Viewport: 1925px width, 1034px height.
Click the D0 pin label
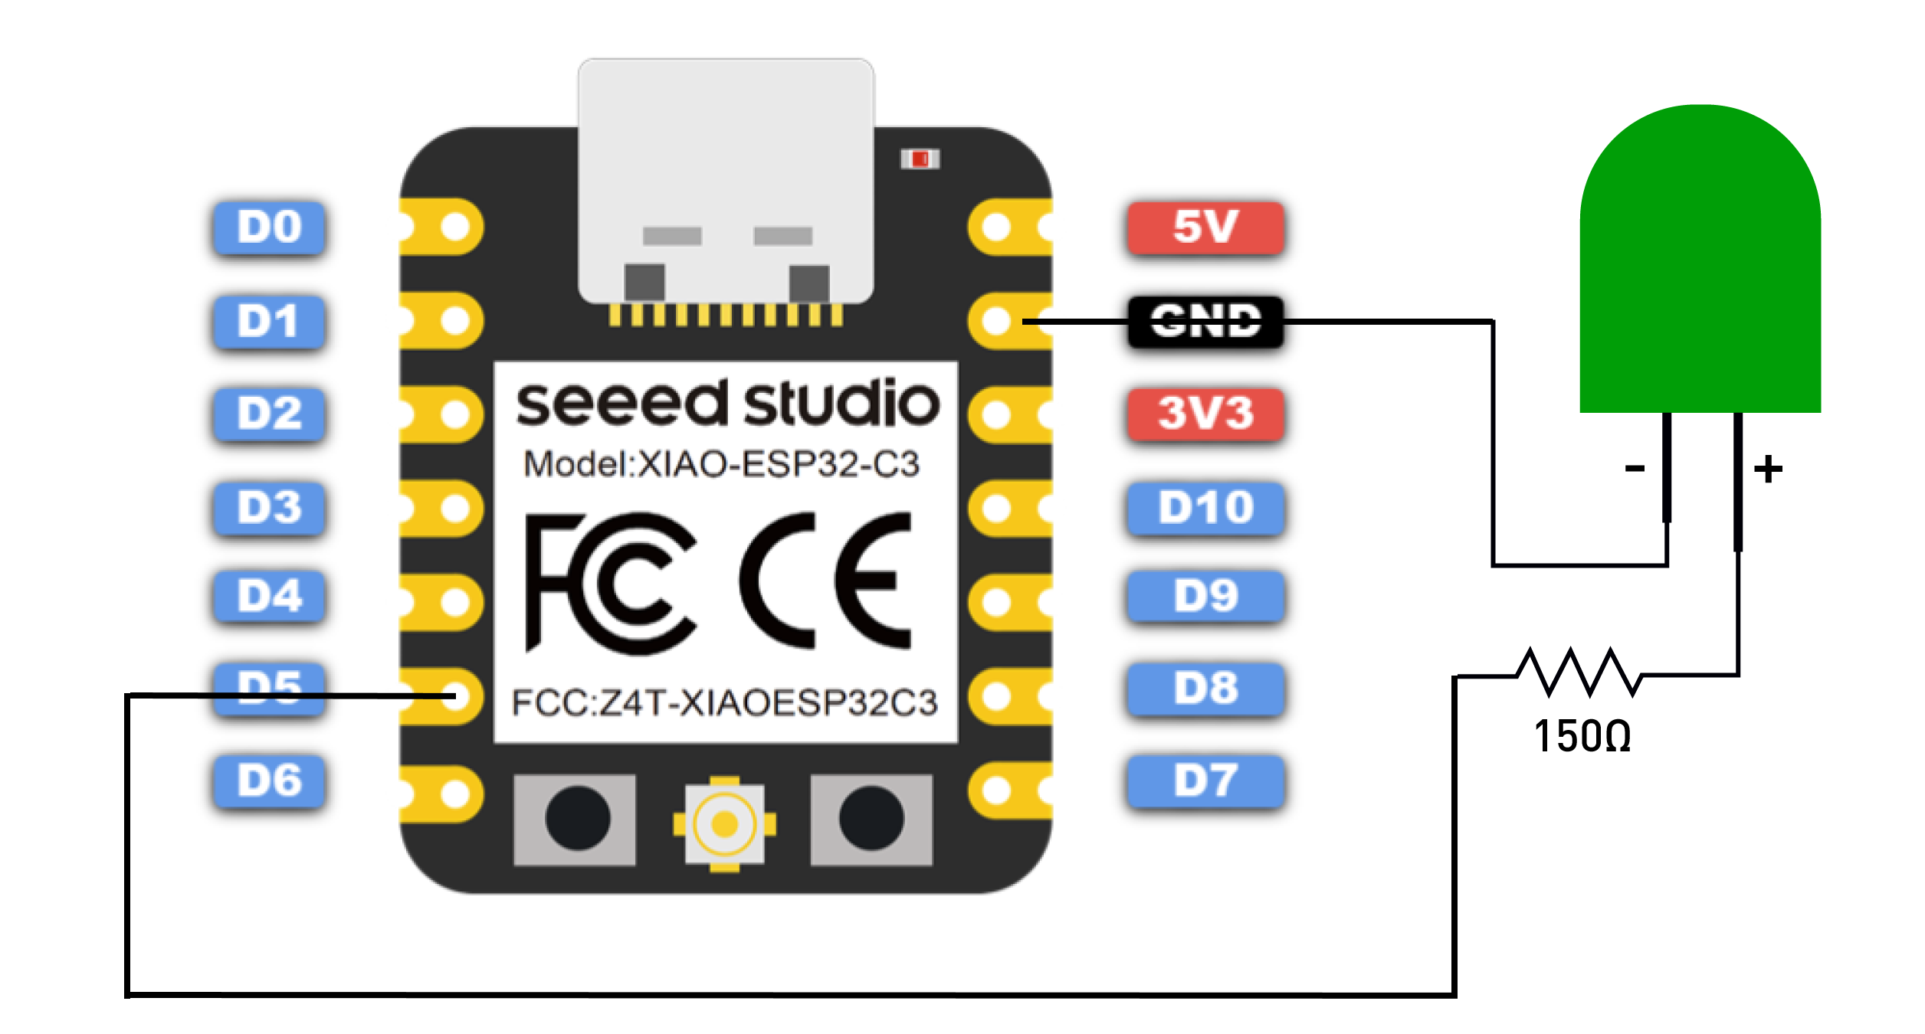269,227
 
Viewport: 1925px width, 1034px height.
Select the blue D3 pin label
269,508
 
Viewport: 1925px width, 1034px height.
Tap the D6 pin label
269,781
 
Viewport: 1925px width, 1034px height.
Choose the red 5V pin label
1205,227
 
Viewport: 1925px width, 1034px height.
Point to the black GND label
1205,322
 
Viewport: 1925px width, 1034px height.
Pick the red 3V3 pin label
1205,414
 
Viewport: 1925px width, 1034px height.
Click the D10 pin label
1205,508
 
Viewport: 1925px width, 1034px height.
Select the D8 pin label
1205,689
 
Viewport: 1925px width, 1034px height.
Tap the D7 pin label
1205,781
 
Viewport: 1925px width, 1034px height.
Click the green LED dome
1700,260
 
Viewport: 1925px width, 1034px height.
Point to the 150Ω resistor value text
1582,737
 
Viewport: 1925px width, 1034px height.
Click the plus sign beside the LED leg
1769,469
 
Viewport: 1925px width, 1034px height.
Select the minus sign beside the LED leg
1635,468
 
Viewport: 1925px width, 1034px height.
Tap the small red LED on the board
920,159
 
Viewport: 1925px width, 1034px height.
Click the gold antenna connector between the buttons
724,824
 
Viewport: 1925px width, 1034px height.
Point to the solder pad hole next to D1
456,321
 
